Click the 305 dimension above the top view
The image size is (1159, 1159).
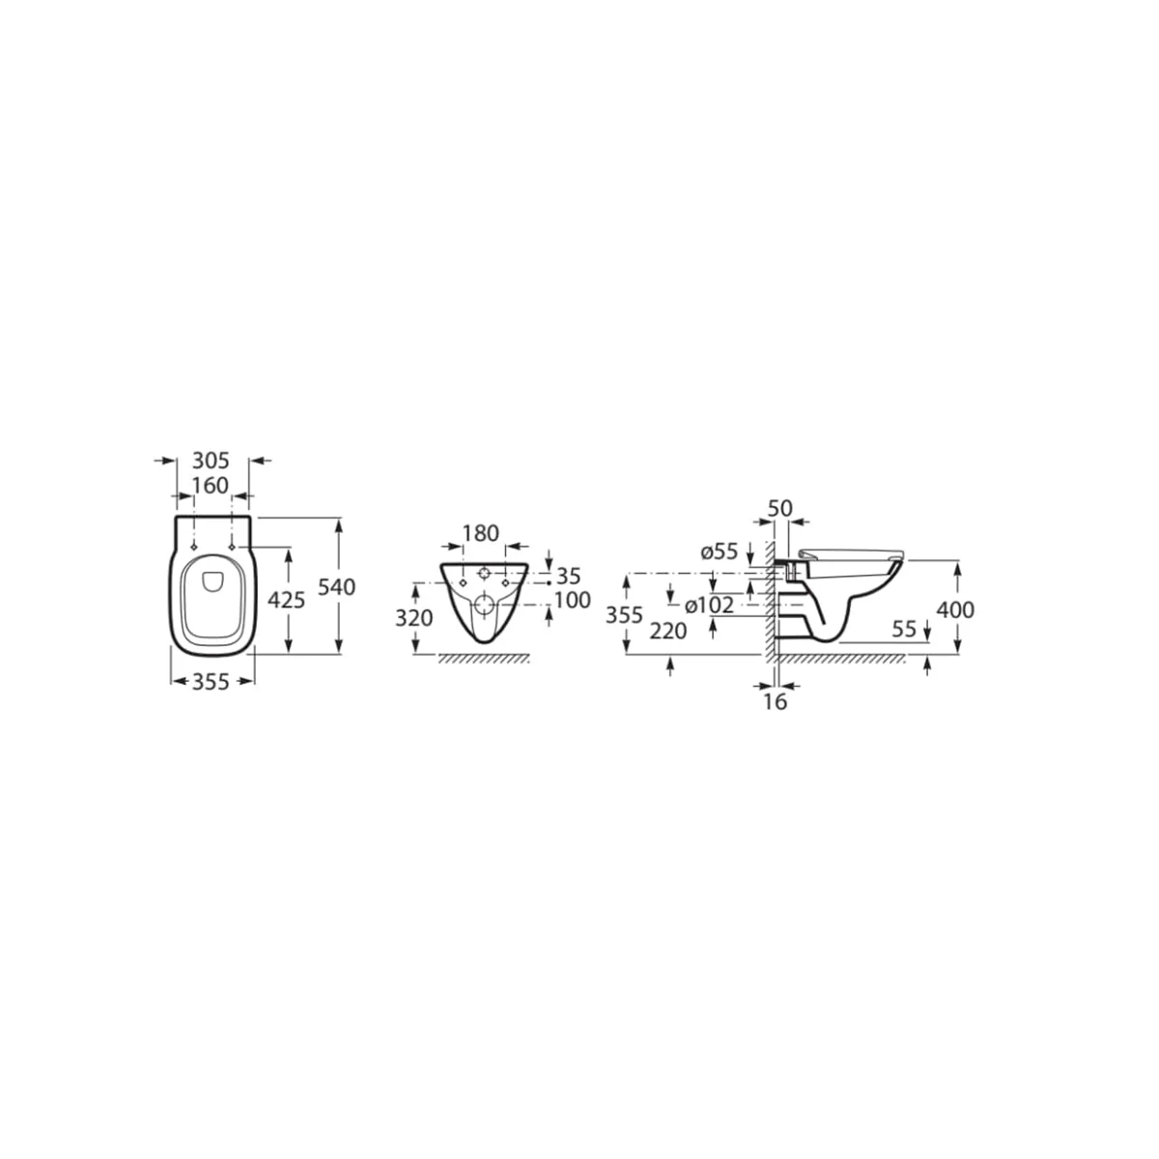[211, 461]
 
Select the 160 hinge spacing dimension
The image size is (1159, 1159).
[211, 486]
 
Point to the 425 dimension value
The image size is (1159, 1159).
[286, 600]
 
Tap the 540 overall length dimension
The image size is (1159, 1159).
[337, 586]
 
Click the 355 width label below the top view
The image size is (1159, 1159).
[211, 682]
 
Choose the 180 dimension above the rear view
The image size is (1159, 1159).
[481, 533]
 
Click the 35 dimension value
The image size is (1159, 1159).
[568, 577]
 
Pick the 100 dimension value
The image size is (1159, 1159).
[573, 600]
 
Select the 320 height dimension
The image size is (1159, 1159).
[413, 618]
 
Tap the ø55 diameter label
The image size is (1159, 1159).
[720, 551]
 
